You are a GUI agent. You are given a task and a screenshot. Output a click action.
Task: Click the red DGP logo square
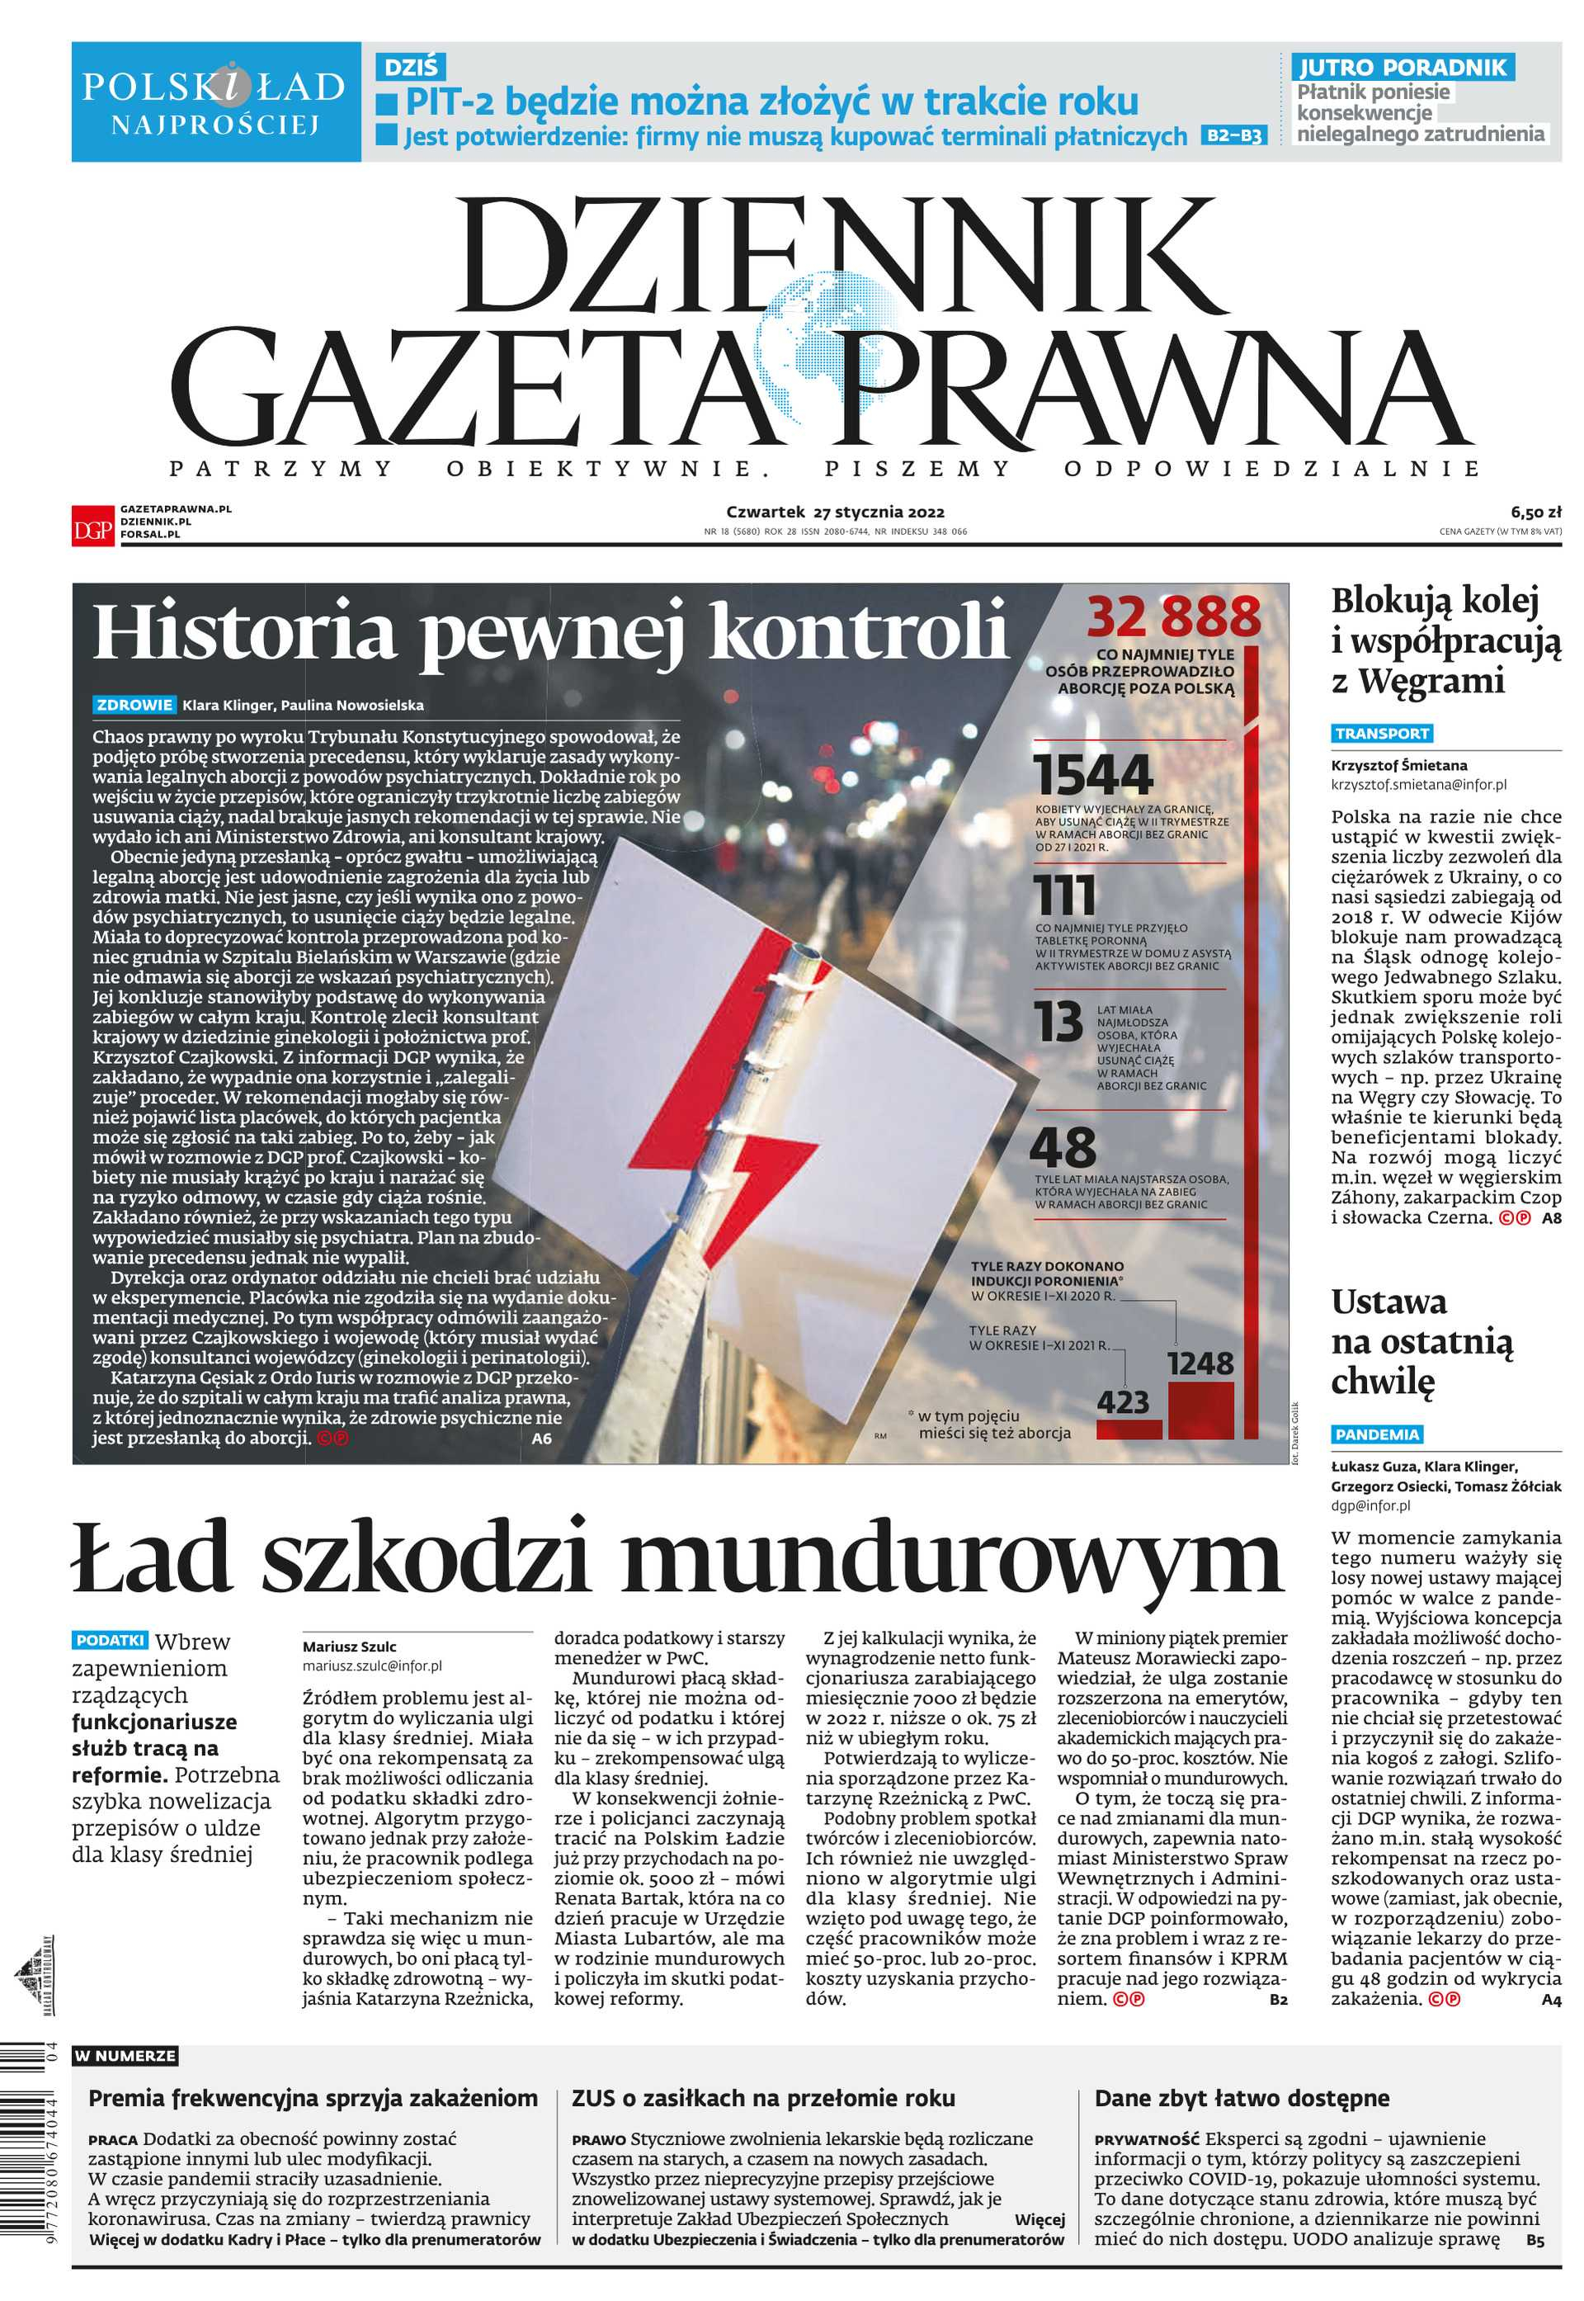pyautogui.click(x=92, y=524)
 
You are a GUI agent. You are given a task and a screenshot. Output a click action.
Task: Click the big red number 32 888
pyautogui.click(x=1173, y=617)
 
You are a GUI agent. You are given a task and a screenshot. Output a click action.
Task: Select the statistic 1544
pyautogui.click(x=1094, y=775)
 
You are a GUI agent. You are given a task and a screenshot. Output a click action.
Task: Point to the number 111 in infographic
pyautogui.click(x=1066, y=896)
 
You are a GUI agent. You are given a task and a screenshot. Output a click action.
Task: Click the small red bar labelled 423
pyautogui.click(x=1129, y=1430)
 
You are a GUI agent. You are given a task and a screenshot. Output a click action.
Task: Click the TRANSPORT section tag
pyautogui.click(x=1382, y=734)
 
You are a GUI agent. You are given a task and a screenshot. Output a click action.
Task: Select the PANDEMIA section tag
pyautogui.click(x=1377, y=1434)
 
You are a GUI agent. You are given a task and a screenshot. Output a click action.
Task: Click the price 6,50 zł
pyautogui.click(x=1535, y=513)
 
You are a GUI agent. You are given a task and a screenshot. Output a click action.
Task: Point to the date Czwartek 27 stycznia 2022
pyautogui.click(x=835, y=513)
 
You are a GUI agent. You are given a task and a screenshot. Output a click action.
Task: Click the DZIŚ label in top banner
pyautogui.click(x=410, y=67)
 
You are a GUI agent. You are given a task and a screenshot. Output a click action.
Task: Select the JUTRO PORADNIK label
pyautogui.click(x=1402, y=68)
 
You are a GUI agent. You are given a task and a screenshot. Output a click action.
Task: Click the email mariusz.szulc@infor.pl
pyautogui.click(x=372, y=1666)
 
